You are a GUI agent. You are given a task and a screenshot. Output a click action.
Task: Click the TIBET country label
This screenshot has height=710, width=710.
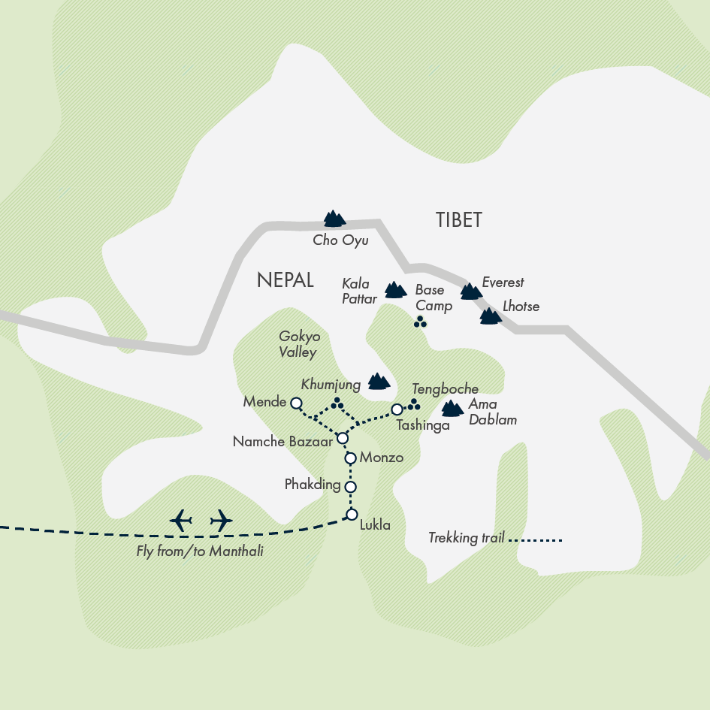(x=458, y=220)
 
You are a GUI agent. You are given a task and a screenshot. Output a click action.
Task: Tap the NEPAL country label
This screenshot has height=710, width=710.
(x=285, y=280)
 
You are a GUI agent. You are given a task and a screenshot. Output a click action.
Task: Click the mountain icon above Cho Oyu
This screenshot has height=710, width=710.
(x=334, y=219)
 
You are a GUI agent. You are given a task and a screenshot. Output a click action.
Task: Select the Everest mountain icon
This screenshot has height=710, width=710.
(x=471, y=292)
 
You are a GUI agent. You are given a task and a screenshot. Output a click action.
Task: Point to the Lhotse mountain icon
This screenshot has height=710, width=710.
(x=491, y=316)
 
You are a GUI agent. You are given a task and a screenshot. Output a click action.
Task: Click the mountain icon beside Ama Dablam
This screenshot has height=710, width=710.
(x=452, y=409)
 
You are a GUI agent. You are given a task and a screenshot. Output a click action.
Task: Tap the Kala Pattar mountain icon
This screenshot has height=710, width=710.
(x=395, y=289)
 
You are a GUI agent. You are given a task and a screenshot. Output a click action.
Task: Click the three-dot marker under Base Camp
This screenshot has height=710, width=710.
(x=420, y=322)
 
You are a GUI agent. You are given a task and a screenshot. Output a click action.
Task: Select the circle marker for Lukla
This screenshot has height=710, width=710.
(x=351, y=515)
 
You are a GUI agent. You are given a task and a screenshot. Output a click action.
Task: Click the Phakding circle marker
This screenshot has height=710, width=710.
(x=350, y=487)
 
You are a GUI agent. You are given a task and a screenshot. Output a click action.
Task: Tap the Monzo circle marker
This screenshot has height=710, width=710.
(x=349, y=458)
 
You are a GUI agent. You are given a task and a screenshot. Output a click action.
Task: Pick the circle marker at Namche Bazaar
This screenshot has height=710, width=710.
(x=343, y=438)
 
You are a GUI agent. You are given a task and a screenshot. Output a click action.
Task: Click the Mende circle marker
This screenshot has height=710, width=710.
(x=296, y=402)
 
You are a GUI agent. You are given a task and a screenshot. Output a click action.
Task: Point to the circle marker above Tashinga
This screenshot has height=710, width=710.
(x=397, y=409)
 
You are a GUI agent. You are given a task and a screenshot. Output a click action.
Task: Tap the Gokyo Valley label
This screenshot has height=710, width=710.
(x=299, y=344)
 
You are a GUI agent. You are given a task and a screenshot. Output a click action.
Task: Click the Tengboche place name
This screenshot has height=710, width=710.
(x=446, y=389)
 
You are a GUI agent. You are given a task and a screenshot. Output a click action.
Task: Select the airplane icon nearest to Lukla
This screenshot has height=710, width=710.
(x=221, y=519)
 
